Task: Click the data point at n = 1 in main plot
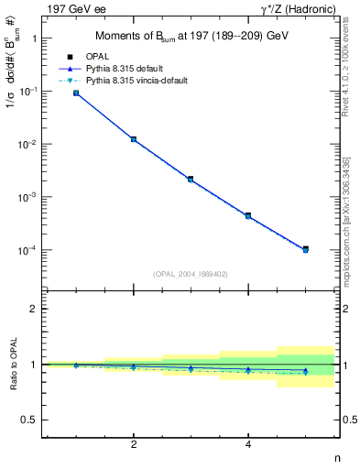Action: [x=76, y=93]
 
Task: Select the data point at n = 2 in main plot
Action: [x=134, y=139]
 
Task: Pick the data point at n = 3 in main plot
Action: [x=191, y=179]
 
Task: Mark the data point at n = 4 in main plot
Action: [x=248, y=215]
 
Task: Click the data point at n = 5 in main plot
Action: [x=305, y=249]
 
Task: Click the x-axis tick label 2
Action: [x=134, y=445]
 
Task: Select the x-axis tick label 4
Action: [x=248, y=445]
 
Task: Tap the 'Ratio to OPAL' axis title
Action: [x=12, y=365]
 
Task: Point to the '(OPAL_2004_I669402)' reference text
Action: [x=191, y=273]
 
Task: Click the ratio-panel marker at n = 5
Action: [x=305, y=371]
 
